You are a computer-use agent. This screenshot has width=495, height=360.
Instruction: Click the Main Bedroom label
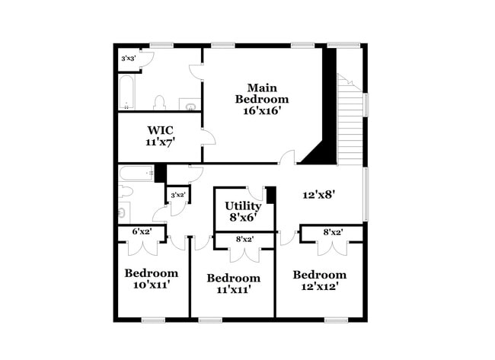(261, 99)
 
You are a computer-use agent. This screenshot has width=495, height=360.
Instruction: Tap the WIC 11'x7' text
(161, 135)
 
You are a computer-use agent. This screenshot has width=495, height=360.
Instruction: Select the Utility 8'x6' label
(243, 211)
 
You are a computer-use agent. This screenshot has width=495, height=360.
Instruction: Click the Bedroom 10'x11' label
(152, 279)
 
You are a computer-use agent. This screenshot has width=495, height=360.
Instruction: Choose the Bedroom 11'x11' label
(234, 283)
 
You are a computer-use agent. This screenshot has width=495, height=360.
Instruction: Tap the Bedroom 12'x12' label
(319, 280)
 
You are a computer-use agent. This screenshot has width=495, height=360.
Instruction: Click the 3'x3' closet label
(129, 59)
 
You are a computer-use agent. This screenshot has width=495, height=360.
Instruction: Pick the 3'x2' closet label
(177, 196)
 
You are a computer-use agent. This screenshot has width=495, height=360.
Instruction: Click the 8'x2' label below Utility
(244, 240)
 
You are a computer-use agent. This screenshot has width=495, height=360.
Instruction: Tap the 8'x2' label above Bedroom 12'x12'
(332, 232)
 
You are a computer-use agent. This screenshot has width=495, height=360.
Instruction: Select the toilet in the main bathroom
(160, 102)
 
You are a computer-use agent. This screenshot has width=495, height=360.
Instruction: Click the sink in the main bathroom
(187, 104)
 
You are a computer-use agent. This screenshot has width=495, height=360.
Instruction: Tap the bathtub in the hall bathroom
(136, 173)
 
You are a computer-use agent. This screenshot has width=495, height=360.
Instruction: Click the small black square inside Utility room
(270, 195)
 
